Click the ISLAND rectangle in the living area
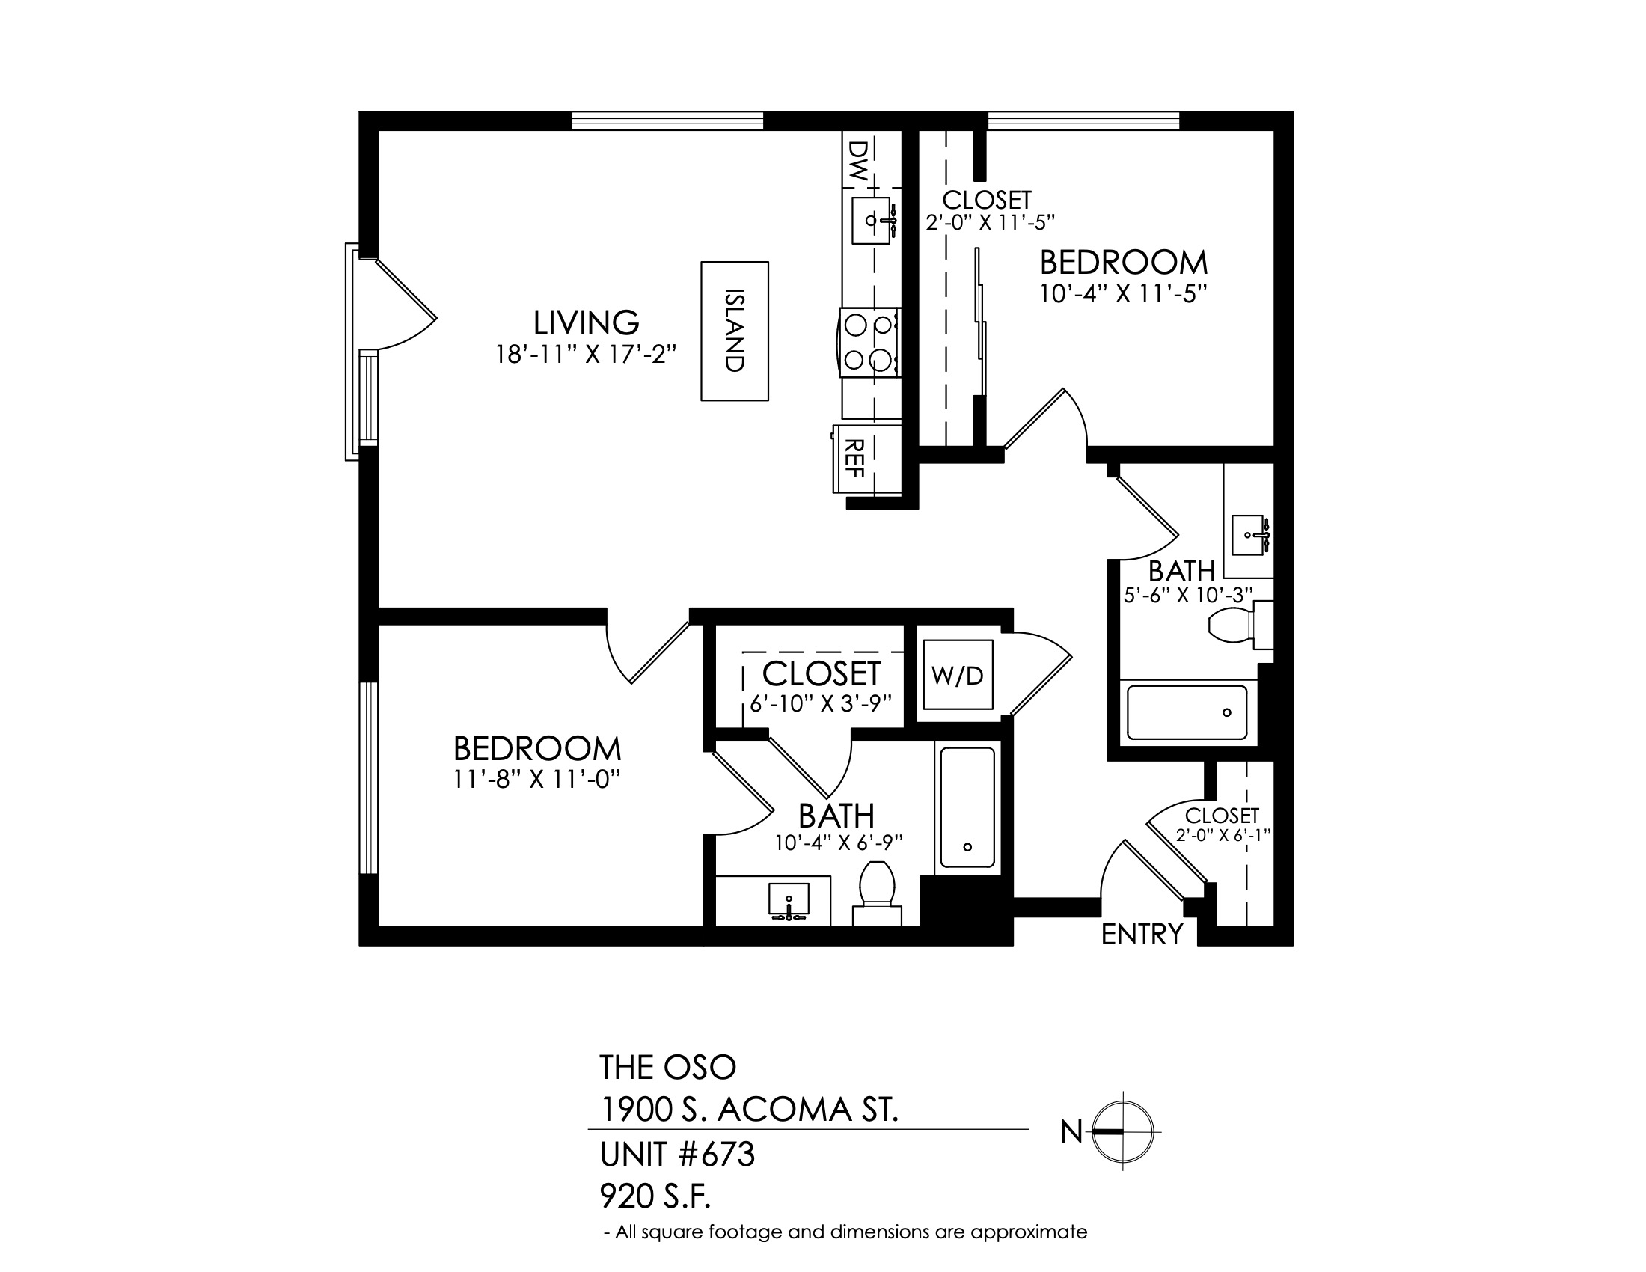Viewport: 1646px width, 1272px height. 735,331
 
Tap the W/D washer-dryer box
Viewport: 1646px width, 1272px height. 958,674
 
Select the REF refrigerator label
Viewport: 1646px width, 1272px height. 854,458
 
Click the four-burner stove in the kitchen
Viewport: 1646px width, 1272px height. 869,342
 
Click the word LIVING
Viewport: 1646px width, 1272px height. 587,322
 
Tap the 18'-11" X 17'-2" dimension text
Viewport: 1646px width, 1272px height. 586,354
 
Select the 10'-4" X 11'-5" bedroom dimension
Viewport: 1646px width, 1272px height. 1123,294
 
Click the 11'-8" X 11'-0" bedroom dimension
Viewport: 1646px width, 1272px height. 536,779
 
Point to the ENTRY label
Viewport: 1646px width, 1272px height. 1142,935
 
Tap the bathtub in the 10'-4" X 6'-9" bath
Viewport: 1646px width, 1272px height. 967,808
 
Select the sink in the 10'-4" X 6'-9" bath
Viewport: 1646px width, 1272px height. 789,902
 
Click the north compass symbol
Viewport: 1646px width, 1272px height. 1123,1131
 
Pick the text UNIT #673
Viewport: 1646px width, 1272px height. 677,1155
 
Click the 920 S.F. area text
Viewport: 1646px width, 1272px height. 655,1195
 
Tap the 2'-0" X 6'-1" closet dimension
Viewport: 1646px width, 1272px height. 1223,835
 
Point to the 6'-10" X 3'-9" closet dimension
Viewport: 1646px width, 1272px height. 822,703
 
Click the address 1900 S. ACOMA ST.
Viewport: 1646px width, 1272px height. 749,1109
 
